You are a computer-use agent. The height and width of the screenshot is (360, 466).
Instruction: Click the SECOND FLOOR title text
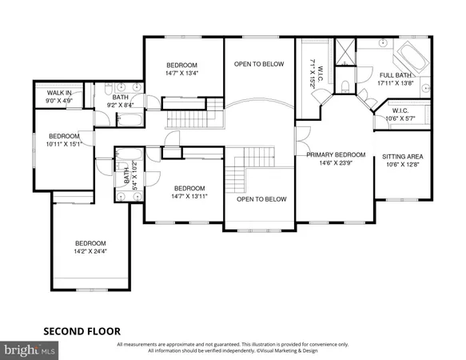(x=82, y=329)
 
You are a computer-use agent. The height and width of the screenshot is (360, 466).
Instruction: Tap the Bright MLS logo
(x=30, y=350)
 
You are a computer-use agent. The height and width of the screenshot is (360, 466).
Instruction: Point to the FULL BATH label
(x=396, y=74)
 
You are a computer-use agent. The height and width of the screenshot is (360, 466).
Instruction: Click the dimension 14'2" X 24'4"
(x=90, y=251)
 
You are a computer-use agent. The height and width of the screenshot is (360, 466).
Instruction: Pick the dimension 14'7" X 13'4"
(x=181, y=74)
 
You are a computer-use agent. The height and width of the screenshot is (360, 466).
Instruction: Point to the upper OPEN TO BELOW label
(x=258, y=65)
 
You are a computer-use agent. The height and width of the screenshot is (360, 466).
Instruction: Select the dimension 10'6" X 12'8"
(x=400, y=166)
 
